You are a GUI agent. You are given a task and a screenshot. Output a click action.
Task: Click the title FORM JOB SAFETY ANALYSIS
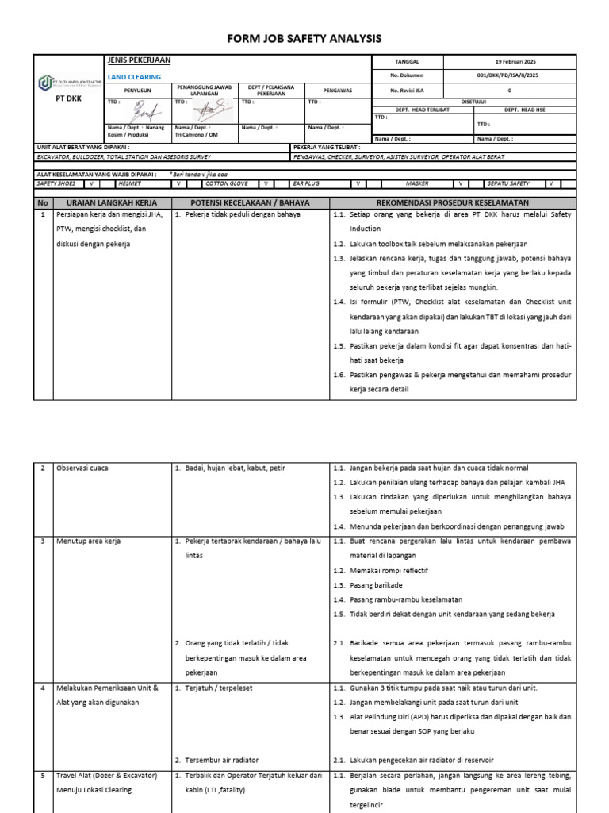[x=305, y=38]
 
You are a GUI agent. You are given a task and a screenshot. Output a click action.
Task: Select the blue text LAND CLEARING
[x=133, y=77]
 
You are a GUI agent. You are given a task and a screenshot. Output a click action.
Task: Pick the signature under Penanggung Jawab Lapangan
[x=204, y=110]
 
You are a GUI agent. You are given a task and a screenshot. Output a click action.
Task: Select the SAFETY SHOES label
[x=56, y=183]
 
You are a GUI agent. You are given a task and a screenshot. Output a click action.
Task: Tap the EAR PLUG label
[x=309, y=183]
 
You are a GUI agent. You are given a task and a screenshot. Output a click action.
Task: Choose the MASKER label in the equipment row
[x=417, y=183]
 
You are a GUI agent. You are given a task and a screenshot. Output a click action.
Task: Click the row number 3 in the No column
[x=43, y=541]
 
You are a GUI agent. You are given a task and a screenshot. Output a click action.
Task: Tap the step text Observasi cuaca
[x=82, y=468]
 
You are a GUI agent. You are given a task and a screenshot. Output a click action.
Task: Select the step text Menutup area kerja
[x=89, y=541]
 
